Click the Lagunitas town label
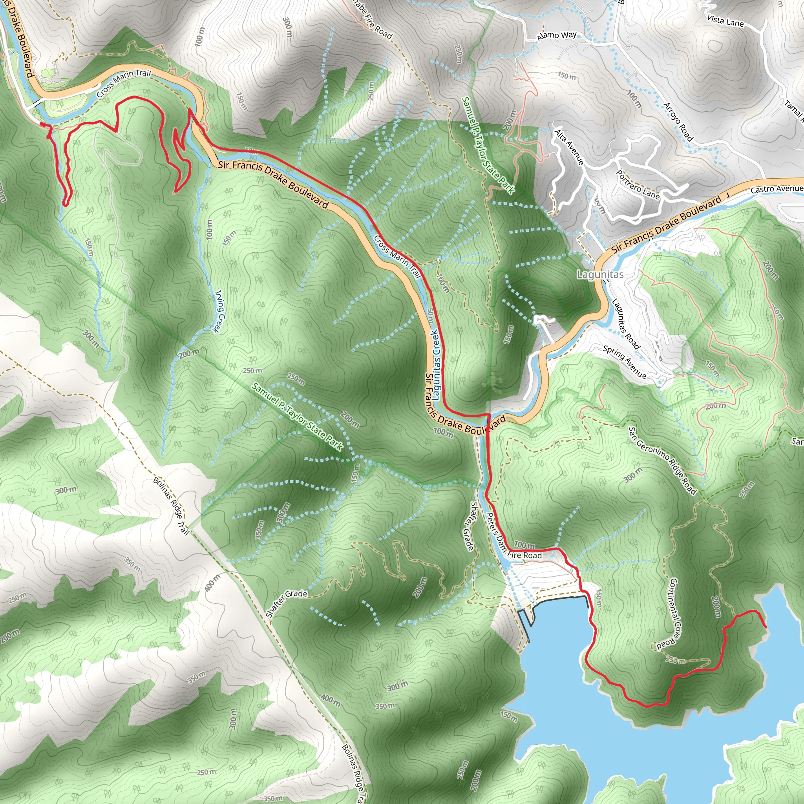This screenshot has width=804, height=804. [600, 275]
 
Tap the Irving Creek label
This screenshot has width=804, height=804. [219, 311]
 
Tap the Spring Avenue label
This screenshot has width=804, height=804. [625, 362]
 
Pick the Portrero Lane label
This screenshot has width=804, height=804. [638, 185]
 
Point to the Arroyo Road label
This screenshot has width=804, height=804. [678, 122]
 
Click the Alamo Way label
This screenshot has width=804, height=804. [556, 36]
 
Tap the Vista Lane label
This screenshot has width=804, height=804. [725, 20]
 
